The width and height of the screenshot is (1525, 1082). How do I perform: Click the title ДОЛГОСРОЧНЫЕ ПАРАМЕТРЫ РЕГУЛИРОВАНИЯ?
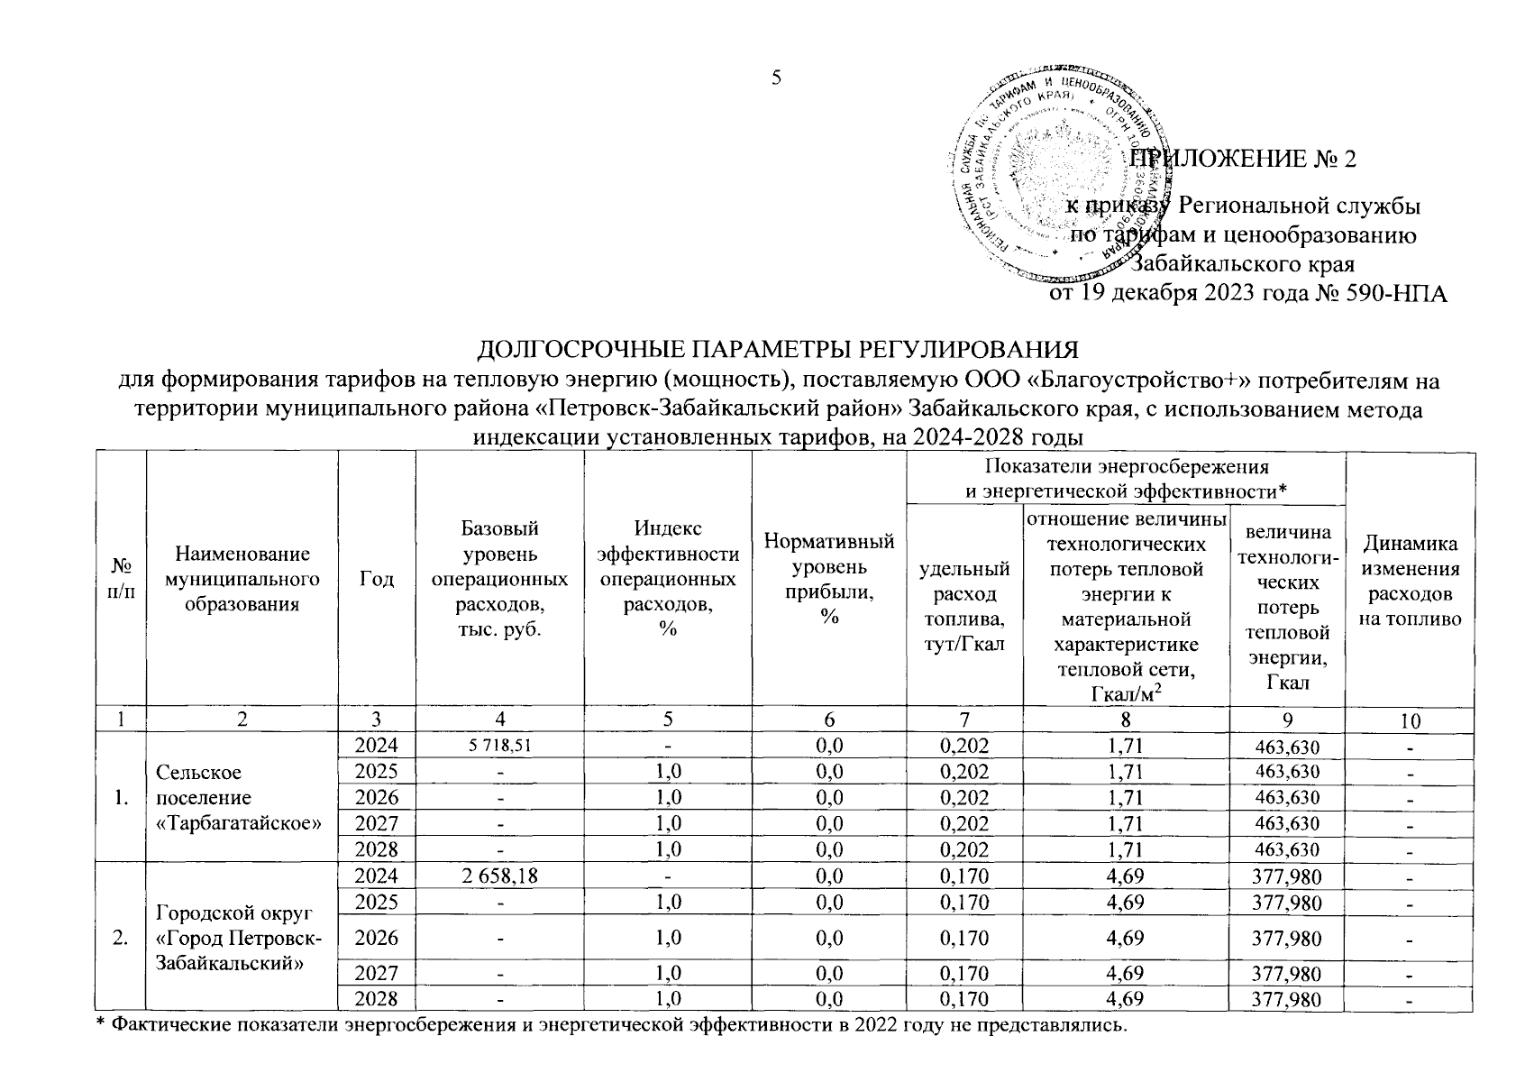click(777, 350)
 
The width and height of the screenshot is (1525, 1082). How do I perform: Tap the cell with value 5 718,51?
click(498, 746)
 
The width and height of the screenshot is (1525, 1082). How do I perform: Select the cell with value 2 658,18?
click(498, 876)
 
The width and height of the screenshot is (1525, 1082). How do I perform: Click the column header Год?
click(376, 579)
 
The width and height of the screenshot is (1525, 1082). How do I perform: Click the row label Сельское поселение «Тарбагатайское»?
click(240, 798)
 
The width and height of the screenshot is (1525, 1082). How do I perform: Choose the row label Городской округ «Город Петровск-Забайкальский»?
click(240, 939)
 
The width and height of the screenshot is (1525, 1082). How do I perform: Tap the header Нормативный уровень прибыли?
click(828, 578)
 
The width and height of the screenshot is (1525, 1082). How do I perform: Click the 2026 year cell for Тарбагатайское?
click(376, 798)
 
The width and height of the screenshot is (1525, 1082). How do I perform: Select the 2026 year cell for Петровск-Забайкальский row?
click(376, 939)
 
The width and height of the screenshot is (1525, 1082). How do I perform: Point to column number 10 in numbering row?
click(1410, 720)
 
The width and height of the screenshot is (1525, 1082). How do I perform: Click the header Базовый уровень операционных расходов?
click(498, 578)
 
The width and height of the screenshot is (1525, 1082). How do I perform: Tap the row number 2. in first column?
click(120, 939)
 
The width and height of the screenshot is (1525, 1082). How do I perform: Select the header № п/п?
click(120, 579)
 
